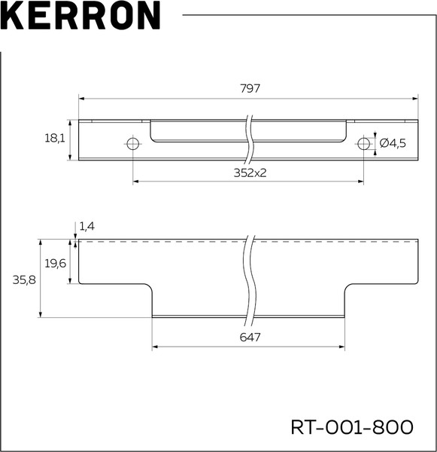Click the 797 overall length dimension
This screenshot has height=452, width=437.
click(x=250, y=88)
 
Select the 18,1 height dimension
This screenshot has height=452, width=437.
click(x=55, y=139)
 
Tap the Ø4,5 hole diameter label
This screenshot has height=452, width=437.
click(x=393, y=143)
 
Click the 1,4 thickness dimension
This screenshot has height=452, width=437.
click(x=87, y=226)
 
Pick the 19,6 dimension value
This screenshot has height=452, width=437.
click(x=56, y=263)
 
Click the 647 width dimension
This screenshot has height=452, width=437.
click(x=250, y=338)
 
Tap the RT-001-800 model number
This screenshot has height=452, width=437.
click(x=352, y=427)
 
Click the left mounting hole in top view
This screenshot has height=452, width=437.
click(x=133, y=143)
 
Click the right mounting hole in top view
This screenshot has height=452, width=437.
click(x=364, y=143)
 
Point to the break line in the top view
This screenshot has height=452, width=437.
click(x=249, y=139)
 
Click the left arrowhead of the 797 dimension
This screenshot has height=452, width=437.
click(x=83, y=98)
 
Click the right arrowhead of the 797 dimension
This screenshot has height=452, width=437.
click(x=414, y=98)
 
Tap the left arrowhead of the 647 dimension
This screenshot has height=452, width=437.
click(x=156, y=347)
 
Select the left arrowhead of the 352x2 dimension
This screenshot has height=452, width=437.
click(x=136, y=182)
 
